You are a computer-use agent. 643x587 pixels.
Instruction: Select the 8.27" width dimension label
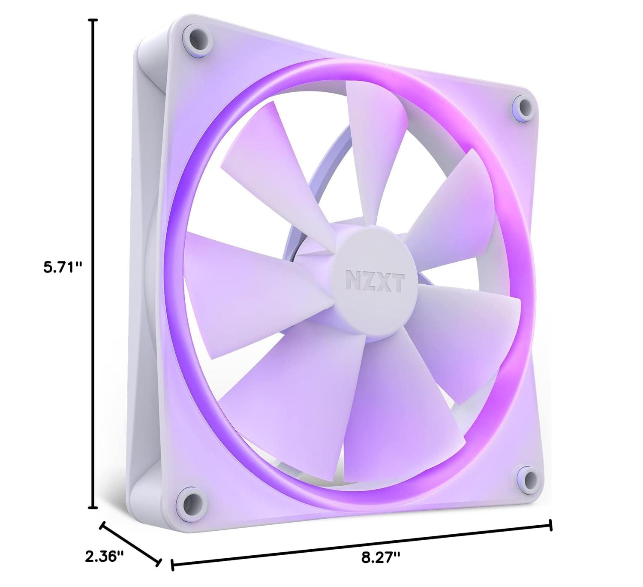click(x=381, y=570)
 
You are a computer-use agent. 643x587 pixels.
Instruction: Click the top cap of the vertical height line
click(x=93, y=20)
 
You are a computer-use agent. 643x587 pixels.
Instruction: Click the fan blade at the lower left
click(x=279, y=386)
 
